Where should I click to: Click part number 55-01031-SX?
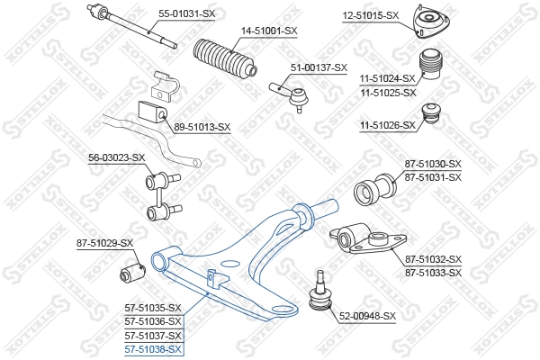(187, 13)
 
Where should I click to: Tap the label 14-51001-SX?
(268, 31)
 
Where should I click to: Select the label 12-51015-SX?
(370, 15)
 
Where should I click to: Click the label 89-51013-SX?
(202, 127)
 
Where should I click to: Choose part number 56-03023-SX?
(116, 158)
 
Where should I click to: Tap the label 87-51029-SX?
(103, 243)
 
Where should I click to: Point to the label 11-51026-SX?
(388, 125)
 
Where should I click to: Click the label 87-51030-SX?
(433, 164)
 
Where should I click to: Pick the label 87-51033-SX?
(433, 272)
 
